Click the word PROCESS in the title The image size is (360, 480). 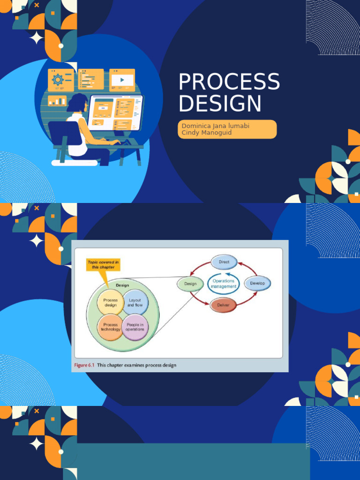click(x=229, y=82)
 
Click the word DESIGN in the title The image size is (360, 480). click(x=219, y=104)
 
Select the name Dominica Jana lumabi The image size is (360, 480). click(x=210, y=126)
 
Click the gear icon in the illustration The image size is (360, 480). click(x=58, y=79)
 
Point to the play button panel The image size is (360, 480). click(x=122, y=80)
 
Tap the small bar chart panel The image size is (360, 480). click(x=57, y=100)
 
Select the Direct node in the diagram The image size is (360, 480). click(x=224, y=262)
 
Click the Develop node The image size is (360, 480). click(x=257, y=283)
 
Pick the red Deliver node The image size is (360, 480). click(x=223, y=305)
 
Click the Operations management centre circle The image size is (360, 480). click(x=223, y=284)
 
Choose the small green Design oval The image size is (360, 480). click(x=190, y=284)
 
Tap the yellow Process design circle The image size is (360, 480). click(x=111, y=302)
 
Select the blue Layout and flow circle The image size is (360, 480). click(x=135, y=302)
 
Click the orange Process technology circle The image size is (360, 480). click(x=111, y=327)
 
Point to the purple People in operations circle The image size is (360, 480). click(x=135, y=327)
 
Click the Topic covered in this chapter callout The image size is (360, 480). click(x=103, y=264)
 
